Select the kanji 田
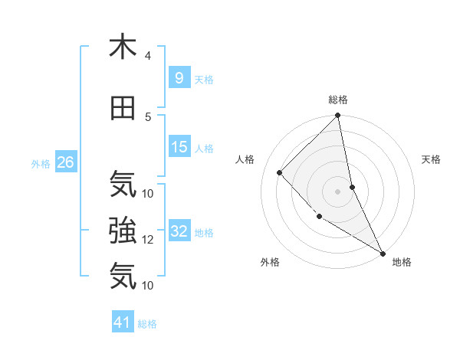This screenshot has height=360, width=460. click(123, 108)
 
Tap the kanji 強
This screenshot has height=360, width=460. click(123, 230)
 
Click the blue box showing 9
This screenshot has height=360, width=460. click(179, 77)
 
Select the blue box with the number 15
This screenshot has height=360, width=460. click(179, 148)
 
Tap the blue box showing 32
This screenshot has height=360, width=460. click(179, 232)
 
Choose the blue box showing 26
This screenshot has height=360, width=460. click(65, 162)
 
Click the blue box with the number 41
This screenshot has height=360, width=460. click(123, 323)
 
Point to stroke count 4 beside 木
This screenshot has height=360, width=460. click(147, 56)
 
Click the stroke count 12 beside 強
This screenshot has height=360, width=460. click(148, 240)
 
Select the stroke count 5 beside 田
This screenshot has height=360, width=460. click(147, 117)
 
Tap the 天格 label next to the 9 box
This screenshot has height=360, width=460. click(204, 79)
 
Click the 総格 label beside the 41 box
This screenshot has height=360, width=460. click(147, 325)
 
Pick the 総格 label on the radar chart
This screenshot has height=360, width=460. click(338, 100)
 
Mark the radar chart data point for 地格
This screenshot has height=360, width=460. click(382, 253)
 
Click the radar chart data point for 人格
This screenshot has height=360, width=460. click(280, 172)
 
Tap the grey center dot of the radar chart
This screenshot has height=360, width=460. click(337, 191)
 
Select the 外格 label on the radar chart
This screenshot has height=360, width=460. click(270, 262)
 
